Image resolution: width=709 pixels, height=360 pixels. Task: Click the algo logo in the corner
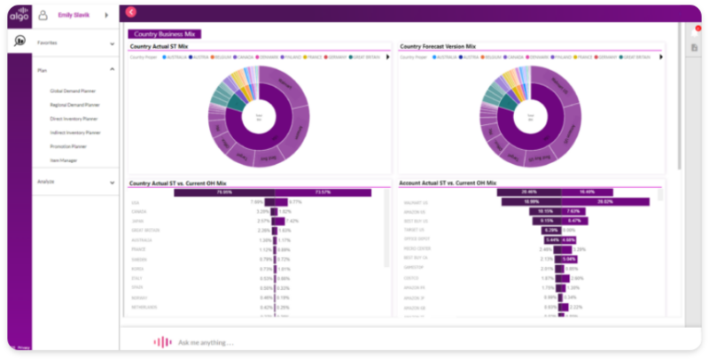tap(19, 15)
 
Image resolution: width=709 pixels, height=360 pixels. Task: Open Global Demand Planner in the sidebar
tap(73, 90)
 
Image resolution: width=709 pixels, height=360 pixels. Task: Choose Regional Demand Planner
tap(74, 105)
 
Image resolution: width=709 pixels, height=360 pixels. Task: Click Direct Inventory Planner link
tap(74, 118)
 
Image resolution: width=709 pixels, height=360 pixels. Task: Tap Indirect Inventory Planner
tap(74, 132)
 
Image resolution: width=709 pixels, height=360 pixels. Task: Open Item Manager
tap(63, 160)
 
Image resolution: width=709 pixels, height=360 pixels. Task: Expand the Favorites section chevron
tap(112, 43)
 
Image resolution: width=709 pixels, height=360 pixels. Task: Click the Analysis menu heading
tap(47, 182)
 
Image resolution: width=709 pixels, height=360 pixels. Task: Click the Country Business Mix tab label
tap(165, 34)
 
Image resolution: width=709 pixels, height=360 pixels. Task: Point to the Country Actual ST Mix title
tap(160, 46)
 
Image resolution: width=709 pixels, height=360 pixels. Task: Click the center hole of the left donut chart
tap(259, 115)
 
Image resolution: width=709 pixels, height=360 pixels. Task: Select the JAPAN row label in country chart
tap(139, 221)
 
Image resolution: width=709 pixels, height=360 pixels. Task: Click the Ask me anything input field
tap(206, 342)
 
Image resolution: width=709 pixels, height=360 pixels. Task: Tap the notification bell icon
tap(696, 32)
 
